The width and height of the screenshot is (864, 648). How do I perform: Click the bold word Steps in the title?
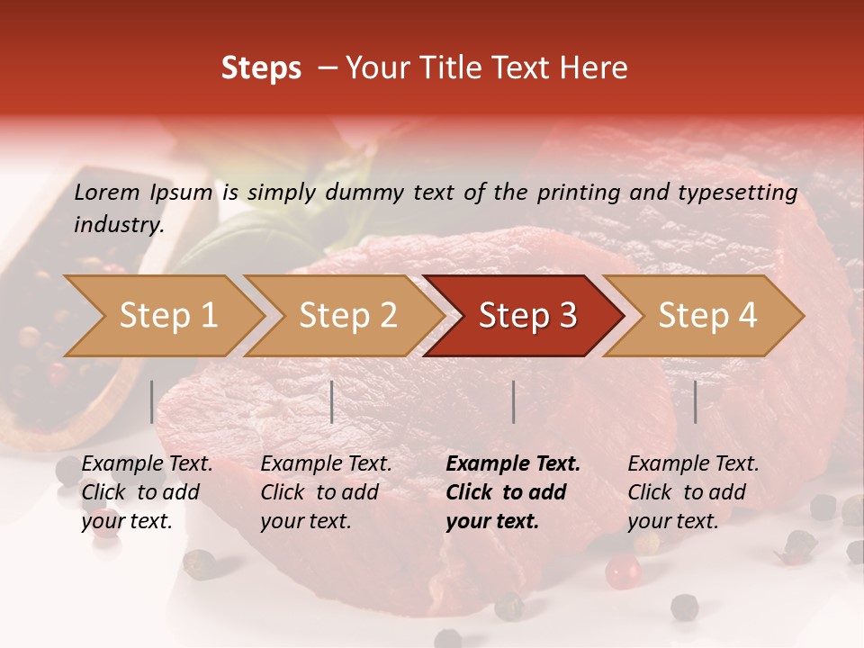click(x=261, y=68)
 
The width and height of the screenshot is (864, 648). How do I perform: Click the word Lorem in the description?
click(x=107, y=192)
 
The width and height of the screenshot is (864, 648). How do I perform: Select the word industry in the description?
click(x=118, y=225)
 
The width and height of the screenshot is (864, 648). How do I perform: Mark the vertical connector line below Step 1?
click(x=151, y=401)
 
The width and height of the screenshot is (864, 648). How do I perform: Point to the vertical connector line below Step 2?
click(x=332, y=401)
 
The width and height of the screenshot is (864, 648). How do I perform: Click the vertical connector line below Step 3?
click(x=513, y=401)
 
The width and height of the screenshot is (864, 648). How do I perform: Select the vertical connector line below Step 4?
click(x=695, y=401)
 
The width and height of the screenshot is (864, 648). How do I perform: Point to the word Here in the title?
click(x=597, y=68)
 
